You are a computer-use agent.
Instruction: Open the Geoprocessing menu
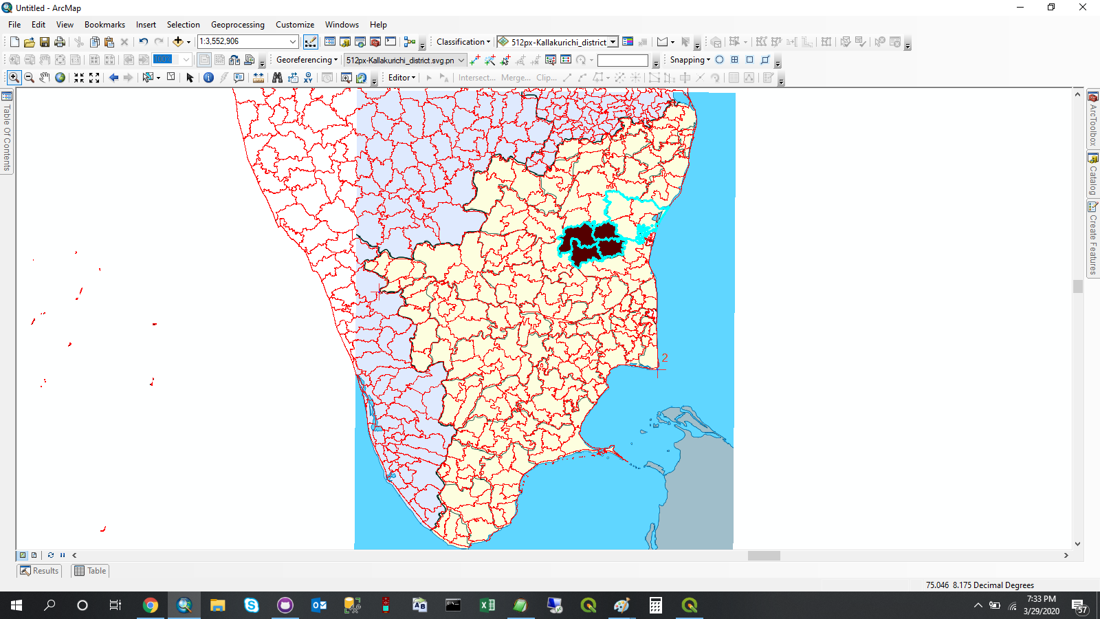(x=237, y=25)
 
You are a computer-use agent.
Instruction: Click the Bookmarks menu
(x=104, y=25)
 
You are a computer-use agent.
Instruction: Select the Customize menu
(x=294, y=25)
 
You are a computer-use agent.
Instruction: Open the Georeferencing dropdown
(x=307, y=60)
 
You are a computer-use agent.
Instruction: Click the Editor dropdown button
(x=401, y=78)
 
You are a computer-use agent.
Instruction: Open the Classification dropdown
(x=463, y=42)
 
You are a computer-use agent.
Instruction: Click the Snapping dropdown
(x=690, y=60)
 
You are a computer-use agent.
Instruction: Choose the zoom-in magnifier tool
(x=14, y=78)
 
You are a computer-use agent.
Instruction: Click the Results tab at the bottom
(x=39, y=571)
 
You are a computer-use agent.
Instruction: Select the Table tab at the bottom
(x=90, y=571)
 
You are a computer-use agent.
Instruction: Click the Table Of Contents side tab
(x=7, y=134)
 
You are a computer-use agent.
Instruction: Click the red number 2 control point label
(x=665, y=358)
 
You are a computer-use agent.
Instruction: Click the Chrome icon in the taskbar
(x=150, y=605)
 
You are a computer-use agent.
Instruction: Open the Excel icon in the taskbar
(x=487, y=605)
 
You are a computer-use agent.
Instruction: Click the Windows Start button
(x=16, y=605)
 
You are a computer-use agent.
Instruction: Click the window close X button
(x=1082, y=8)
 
